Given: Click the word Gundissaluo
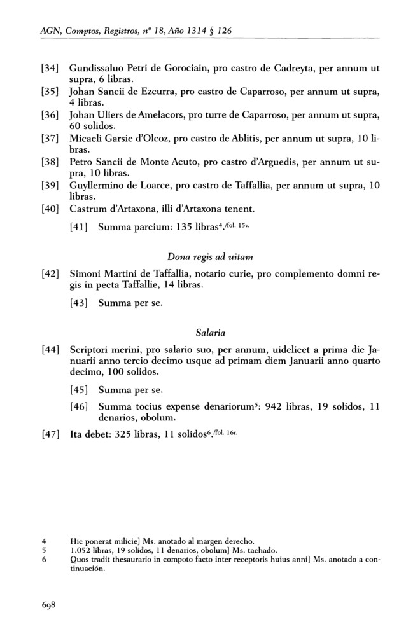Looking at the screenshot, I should (98, 67).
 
